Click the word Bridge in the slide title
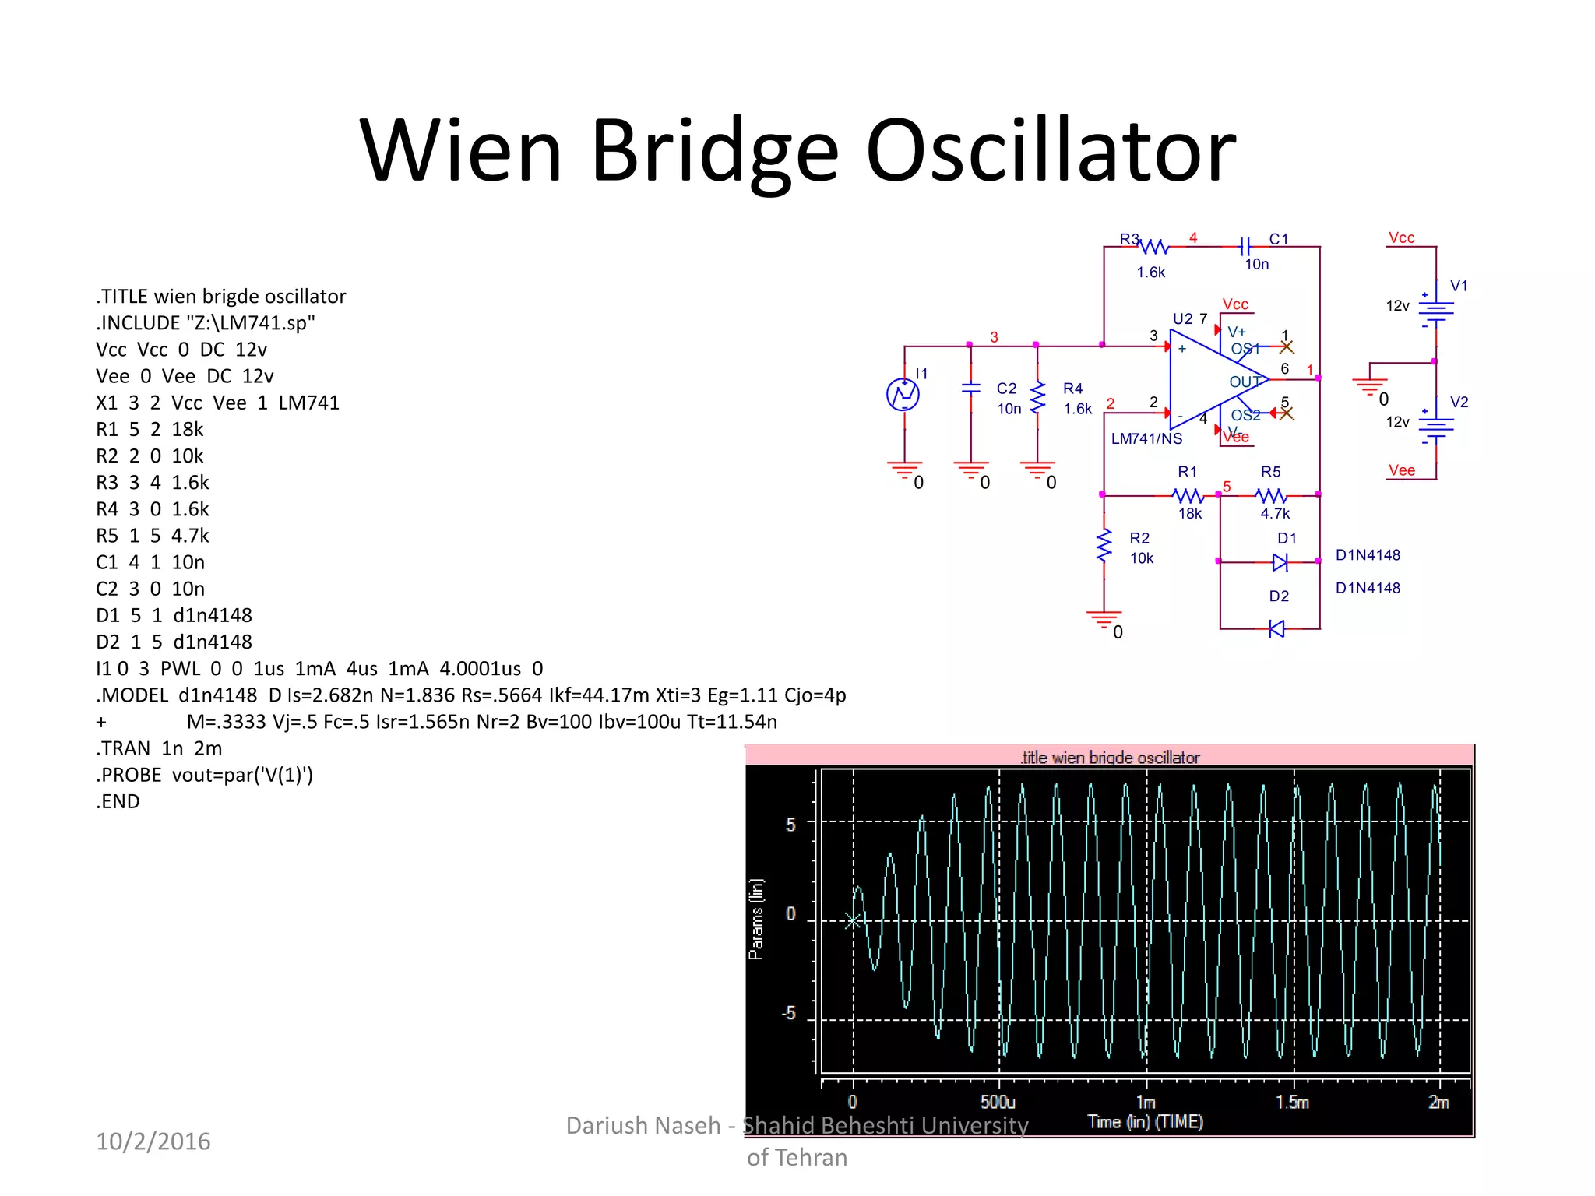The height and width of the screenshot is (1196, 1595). (x=713, y=152)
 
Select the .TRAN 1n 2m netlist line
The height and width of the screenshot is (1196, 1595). (x=159, y=748)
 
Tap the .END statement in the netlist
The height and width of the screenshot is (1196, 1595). (x=118, y=801)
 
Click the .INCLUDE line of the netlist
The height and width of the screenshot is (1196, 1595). (x=206, y=323)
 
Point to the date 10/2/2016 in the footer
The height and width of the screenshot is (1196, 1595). (x=153, y=1141)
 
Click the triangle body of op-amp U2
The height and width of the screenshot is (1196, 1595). (x=1207, y=379)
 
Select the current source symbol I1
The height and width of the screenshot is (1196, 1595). (x=903, y=394)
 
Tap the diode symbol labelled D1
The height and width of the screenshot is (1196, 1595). (x=1280, y=561)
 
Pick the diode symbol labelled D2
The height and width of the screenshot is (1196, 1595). (x=1276, y=628)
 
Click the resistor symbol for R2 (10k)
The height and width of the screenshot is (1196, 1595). (x=1104, y=546)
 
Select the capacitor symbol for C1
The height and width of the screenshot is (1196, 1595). (x=1245, y=247)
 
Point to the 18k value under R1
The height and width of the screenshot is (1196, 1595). (x=1190, y=514)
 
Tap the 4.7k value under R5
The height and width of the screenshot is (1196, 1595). (x=1275, y=514)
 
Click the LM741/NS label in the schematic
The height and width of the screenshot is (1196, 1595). (x=1146, y=439)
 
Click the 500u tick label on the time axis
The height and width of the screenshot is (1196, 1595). (x=998, y=1103)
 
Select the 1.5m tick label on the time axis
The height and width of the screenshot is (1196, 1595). (x=1292, y=1103)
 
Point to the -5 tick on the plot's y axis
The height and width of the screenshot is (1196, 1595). (x=789, y=1013)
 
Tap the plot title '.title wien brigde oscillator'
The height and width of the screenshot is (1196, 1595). (x=1110, y=758)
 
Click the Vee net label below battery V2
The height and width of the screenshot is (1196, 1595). (x=1401, y=470)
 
